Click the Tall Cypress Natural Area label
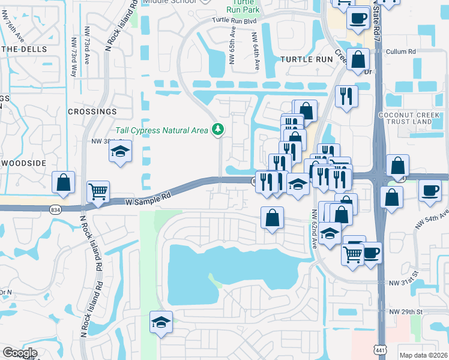coord(161,130)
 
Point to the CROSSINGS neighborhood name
coord(92,112)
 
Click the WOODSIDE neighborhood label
coord(24,163)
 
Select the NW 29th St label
coord(406,312)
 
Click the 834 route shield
coord(56,209)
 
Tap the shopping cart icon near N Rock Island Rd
coord(98,192)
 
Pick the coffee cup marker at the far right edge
coord(429,190)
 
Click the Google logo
coord(20,353)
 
